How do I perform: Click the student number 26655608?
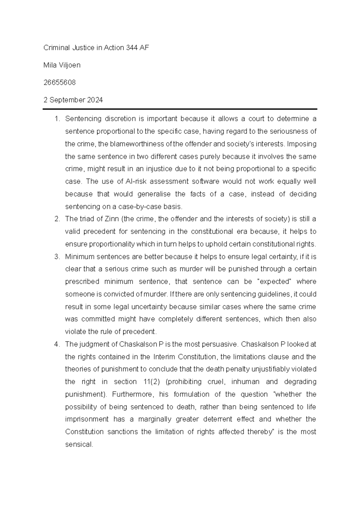tap(59, 83)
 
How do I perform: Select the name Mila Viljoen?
tap(62, 65)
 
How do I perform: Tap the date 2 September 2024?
tap(73, 100)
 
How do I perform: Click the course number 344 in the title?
tap(127, 48)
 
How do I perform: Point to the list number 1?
tap(57, 119)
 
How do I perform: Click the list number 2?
tap(57, 219)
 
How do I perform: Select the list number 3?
tap(57, 257)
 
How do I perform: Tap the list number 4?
tap(57, 345)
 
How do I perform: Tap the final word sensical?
tap(79, 445)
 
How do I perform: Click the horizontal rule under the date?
tap(180, 109)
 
